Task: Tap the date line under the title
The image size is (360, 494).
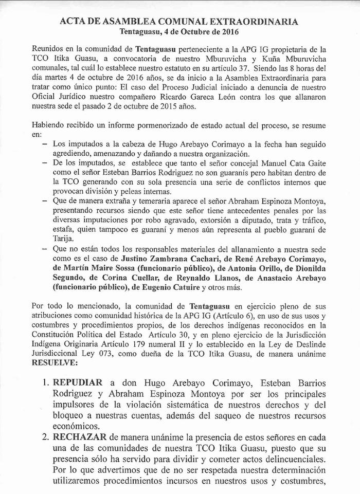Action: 180,31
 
